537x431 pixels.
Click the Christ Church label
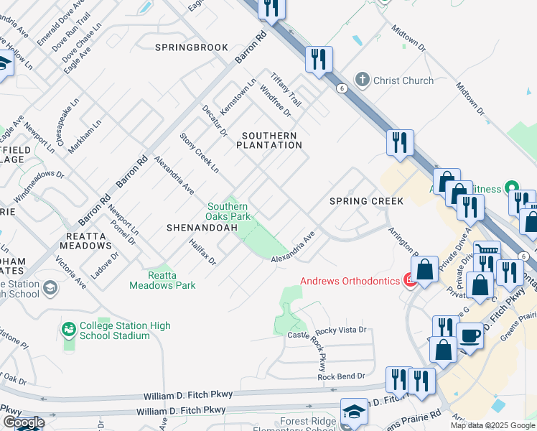pyautogui.click(x=403, y=80)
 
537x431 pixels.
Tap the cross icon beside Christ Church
pyautogui.click(x=363, y=80)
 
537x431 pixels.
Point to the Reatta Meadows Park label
pyautogui.click(x=162, y=280)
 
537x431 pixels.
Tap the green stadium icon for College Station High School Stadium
pyautogui.click(x=69, y=329)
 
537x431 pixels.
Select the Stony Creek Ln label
pyautogui.click(x=200, y=152)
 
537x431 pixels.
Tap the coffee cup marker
pyautogui.click(x=471, y=335)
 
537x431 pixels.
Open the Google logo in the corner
pyautogui.click(x=23, y=422)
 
